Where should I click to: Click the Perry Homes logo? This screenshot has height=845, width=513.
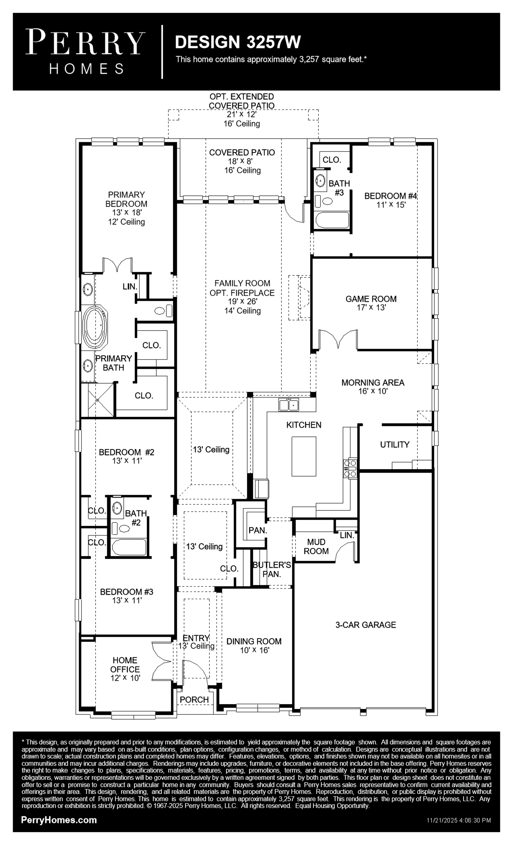pos(85,52)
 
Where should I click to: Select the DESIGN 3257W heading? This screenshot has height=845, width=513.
pos(238,42)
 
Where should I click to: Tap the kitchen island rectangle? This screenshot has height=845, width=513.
pos(304,456)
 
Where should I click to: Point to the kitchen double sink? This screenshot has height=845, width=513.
pos(288,405)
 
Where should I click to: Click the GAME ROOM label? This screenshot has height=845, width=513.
pos(371,299)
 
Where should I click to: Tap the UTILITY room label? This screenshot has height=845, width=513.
pos(395,444)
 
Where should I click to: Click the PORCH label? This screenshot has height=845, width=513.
pos(194,699)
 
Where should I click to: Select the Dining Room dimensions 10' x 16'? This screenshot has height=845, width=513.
pos(254,650)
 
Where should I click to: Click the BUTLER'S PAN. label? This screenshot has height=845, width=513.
pos(272,569)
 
